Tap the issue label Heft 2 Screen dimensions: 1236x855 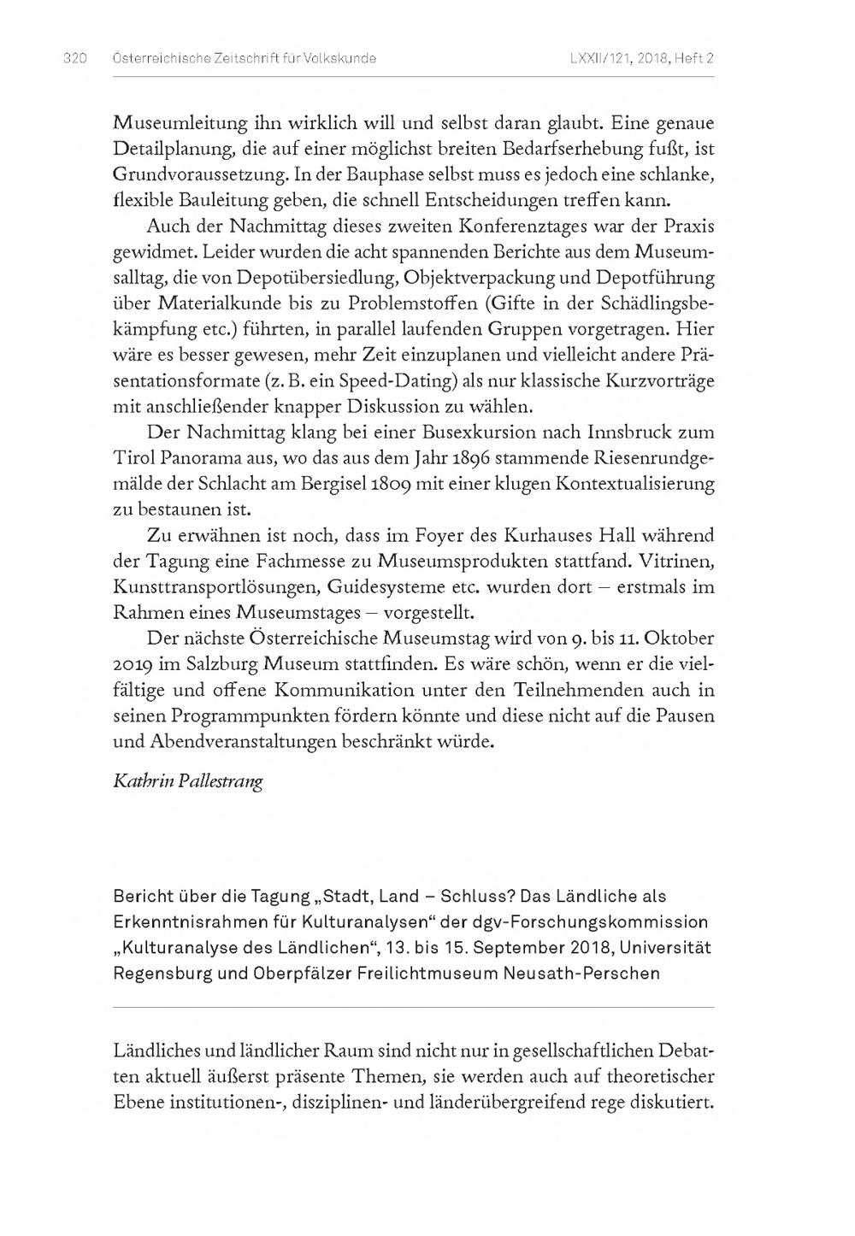693,58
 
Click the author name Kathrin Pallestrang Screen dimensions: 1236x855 188,782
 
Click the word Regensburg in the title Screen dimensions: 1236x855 161,974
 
